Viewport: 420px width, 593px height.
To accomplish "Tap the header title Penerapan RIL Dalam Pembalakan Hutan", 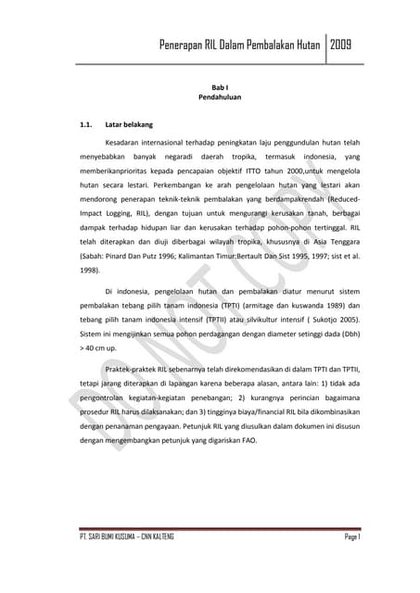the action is (x=240, y=45).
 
